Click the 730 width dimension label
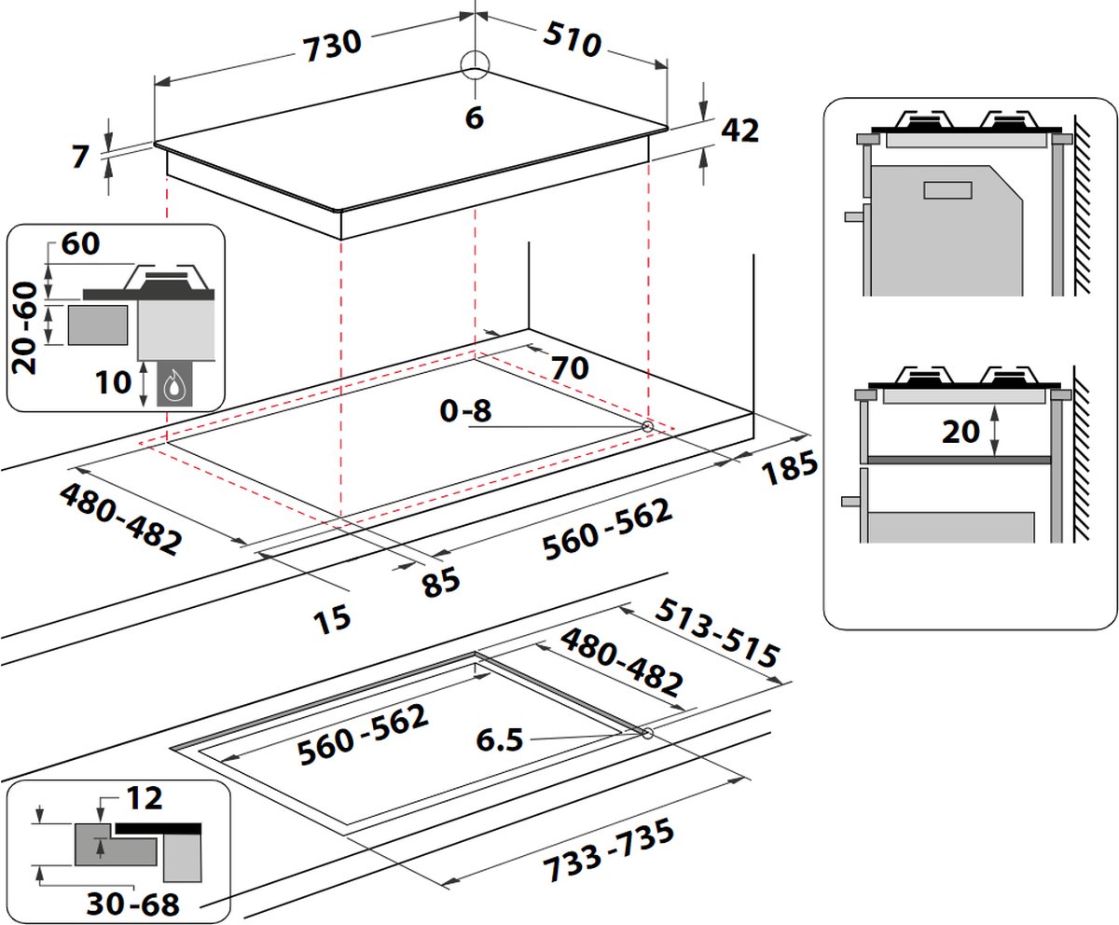(x=332, y=46)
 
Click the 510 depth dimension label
(x=573, y=40)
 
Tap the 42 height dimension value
(x=740, y=131)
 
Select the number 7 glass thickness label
(x=80, y=157)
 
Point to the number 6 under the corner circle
(x=475, y=117)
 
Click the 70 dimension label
(x=570, y=368)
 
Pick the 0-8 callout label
(x=465, y=411)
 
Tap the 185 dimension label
(x=790, y=468)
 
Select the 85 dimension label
(x=441, y=583)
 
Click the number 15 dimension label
(x=332, y=621)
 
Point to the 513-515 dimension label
(x=717, y=632)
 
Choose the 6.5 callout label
(x=500, y=740)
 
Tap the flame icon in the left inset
(x=173, y=384)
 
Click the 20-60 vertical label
(x=24, y=328)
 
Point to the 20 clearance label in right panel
(x=960, y=432)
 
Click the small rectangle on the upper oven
(x=948, y=189)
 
